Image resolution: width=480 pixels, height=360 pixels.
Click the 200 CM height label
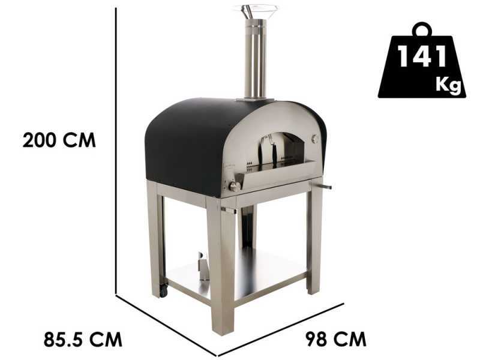[x=59, y=140]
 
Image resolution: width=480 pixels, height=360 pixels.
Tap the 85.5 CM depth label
[x=83, y=339]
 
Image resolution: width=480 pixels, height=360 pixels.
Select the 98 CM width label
[x=336, y=339]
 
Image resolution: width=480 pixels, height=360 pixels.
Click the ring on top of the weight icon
[x=422, y=29]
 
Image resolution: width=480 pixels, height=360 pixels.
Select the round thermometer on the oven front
[x=316, y=139]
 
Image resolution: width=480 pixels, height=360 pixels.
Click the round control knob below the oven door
[x=235, y=187]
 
